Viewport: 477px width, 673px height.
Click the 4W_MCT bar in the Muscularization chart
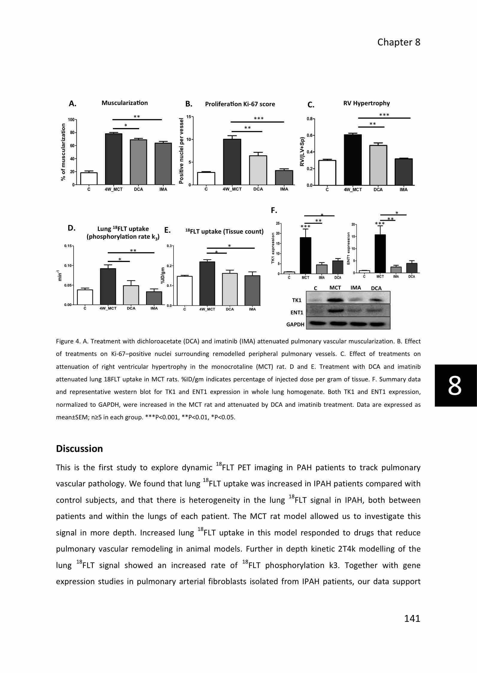point(114,159)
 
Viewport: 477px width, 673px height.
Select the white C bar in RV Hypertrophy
point(327,173)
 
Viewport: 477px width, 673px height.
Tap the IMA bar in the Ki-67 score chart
point(284,178)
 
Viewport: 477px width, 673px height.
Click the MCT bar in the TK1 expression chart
point(305,255)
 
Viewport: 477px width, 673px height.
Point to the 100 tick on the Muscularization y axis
point(71,120)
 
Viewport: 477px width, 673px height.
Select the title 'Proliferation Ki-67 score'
point(240,104)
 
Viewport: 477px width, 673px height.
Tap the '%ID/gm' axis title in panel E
point(163,275)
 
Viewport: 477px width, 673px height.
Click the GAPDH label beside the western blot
point(295,325)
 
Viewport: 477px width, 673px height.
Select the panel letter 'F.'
point(274,211)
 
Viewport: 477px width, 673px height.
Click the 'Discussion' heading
point(79,449)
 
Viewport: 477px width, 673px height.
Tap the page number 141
point(412,618)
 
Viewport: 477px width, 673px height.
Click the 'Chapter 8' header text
point(399,42)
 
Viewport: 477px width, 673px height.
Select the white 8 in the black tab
point(455,386)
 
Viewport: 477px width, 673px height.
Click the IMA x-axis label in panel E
point(252,309)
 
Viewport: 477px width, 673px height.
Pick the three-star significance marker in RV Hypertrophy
point(384,115)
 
